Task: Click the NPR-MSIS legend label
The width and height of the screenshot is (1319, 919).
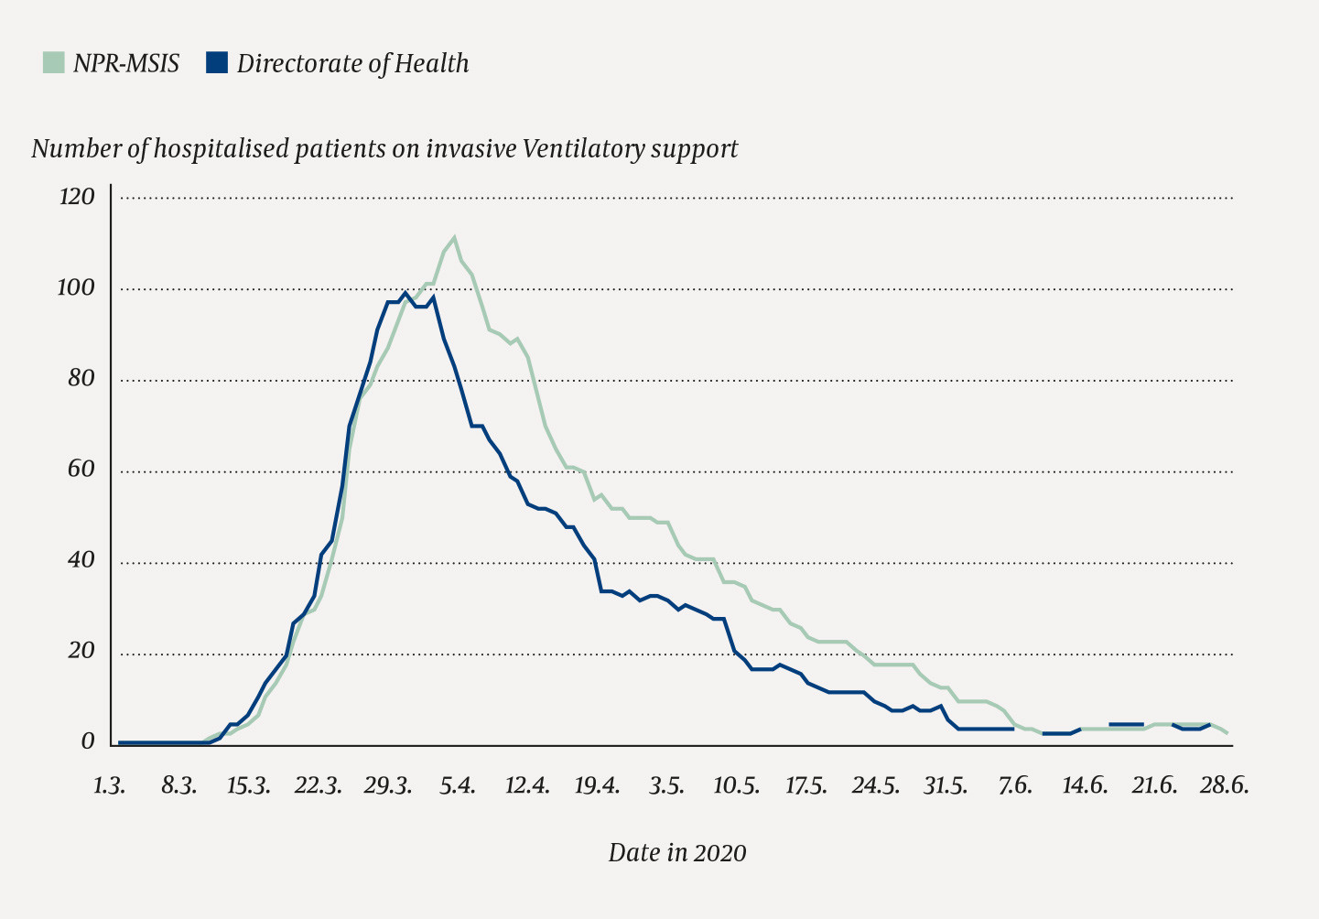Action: point(126,63)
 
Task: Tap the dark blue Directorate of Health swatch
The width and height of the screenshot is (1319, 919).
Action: point(216,63)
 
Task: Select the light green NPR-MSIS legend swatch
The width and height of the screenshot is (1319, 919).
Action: point(54,63)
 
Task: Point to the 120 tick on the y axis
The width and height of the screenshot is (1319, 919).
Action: point(76,197)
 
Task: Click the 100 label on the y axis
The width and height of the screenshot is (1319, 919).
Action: point(76,287)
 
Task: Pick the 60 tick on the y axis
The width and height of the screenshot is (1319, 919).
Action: point(81,470)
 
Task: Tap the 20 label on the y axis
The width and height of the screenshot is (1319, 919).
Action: point(81,651)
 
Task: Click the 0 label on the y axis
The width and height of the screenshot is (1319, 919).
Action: point(88,741)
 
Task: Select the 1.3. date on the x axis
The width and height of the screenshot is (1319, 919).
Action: point(110,786)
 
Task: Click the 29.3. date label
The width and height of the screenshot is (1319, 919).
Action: point(387,786)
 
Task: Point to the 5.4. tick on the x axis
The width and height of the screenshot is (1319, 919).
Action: point(457,786)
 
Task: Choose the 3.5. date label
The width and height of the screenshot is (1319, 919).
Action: point(666,786)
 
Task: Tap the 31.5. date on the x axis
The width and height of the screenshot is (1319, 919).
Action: point(945,786)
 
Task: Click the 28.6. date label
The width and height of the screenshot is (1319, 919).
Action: point(1225,786)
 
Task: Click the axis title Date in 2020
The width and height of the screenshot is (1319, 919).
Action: point(676,853)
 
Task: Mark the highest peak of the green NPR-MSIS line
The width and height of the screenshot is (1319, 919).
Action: point(454,237)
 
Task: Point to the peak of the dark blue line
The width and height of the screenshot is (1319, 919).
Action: point(405,293)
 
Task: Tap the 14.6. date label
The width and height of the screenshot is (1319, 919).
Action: point(1085,786)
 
